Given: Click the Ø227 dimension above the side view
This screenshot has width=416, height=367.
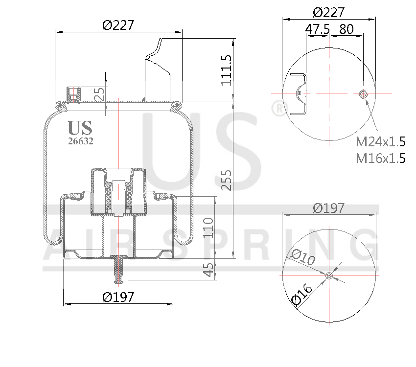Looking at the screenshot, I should (x=118, y=25).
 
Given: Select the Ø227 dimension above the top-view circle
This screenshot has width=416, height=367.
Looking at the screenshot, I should (x=328, y=12).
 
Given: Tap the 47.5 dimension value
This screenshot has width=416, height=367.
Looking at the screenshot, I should (x=317, y=29).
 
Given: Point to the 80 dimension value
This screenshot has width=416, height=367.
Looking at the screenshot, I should (x=346, y=29).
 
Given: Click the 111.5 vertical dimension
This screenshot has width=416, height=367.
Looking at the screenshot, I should (x=226, y=70).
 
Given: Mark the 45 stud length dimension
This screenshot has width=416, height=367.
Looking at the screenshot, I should (x=209, y=269).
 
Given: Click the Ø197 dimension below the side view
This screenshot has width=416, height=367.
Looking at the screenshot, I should (x=118, y=297).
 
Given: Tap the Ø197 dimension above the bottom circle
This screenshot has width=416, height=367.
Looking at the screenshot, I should (x=328, y=208).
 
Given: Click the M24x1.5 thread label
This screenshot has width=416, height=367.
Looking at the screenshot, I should (x=380, y=142).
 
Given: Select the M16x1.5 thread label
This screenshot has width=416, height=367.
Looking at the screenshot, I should (x=380, y=158).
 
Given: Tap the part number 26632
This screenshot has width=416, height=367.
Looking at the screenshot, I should (x=81, y=141).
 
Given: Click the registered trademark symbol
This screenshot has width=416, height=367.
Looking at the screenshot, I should (x=278, y=108).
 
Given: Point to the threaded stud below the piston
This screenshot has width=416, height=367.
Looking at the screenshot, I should (x=118, y=271).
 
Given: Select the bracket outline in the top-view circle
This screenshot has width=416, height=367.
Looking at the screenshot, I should (x=300, y=94).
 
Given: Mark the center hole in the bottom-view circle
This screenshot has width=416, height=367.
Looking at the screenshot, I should (x=329, y=276).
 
